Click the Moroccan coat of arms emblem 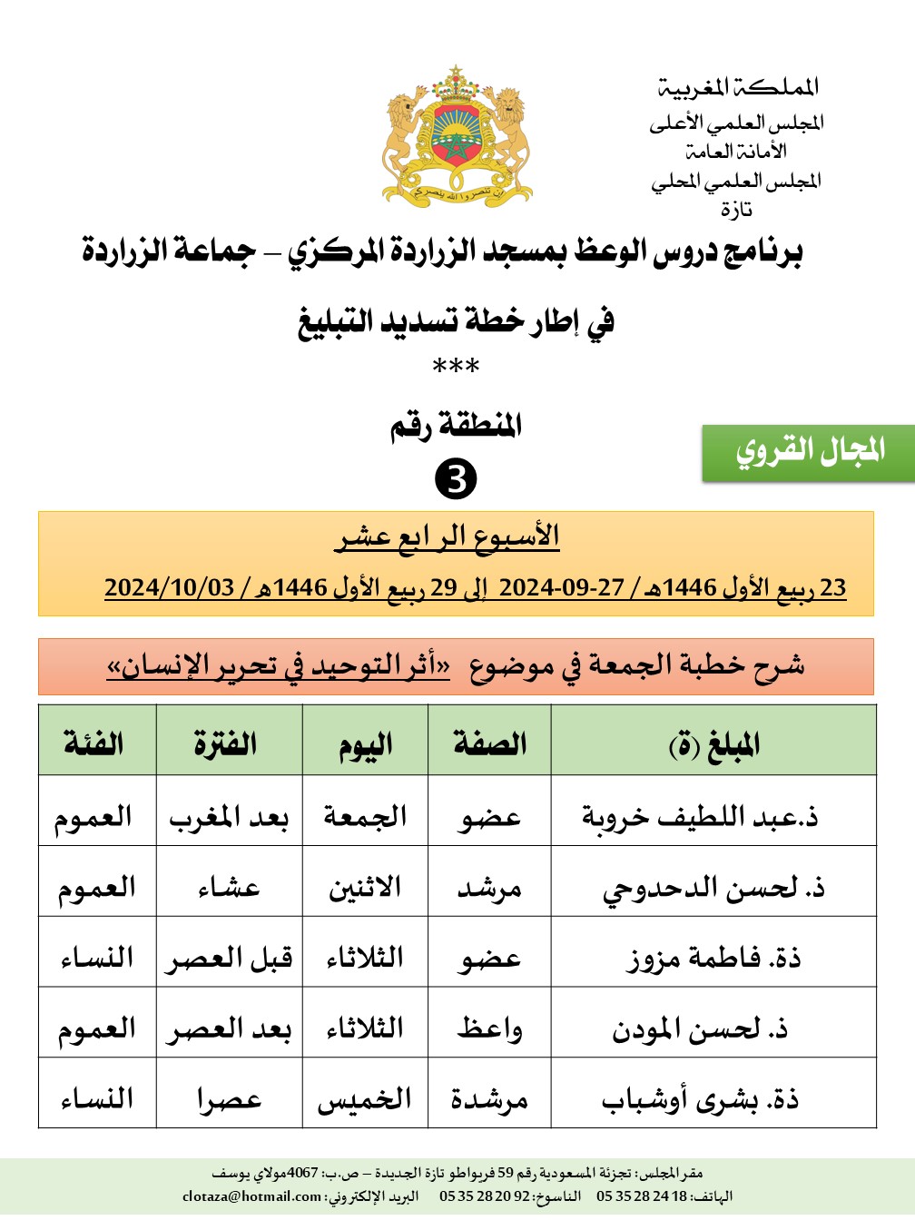point(457,136)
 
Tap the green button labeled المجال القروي point(808,451)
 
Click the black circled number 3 point(456,478)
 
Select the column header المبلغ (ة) point(713,744)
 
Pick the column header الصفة point(490,744)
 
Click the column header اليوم point(365,745)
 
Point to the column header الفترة point(225,744)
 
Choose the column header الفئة point(94,744)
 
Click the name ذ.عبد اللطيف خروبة point(700,816)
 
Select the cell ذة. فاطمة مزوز point(714,958)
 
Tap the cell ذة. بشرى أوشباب point(700,1099)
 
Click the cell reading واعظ point(490,1028)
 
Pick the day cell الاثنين point(365,887)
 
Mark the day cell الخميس point(365,1099)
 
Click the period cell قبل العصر point(229,958)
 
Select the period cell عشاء point(229,887)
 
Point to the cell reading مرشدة point(490,1099)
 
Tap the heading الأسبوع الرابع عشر point(448,536)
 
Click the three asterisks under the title point(456,368)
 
